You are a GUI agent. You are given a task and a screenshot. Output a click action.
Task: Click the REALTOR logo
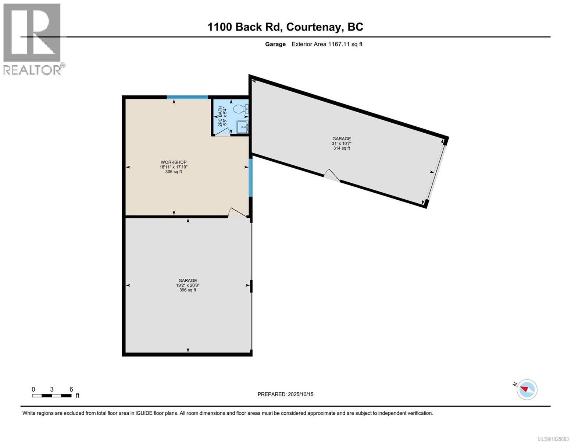click(x=32, y=39)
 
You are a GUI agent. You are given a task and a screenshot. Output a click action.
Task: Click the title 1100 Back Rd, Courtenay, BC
click(x=285, y=27)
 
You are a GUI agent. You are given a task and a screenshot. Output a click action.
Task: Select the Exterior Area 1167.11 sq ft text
click(x=327, y=44)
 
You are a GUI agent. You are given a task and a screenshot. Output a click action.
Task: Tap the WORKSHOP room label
click(x=174, y=162)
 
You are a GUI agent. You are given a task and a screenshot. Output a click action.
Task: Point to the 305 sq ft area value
click(x=174, y=172)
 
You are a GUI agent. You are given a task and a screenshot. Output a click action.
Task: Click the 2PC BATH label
click(x=220, y=116)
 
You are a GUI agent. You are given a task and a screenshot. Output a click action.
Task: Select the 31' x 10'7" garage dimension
click(x=341, y=144)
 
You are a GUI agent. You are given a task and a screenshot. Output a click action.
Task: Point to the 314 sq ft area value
click(x=341, y=148)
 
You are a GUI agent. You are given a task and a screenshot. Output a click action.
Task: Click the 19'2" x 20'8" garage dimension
click(x=188, y=285)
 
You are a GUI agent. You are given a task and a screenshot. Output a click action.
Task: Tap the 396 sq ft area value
click(x=188, y=290)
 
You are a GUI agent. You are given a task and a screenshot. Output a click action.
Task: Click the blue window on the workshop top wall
click(x=187, y=97)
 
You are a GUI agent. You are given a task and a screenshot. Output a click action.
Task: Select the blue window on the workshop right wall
click(x=250, y=178)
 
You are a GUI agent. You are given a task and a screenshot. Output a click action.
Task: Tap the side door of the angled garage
click(x=331, y=176)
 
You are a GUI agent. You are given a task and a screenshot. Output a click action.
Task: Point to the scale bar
click(x=52, y=396)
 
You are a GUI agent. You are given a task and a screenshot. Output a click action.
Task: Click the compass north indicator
click(x=527, y=389)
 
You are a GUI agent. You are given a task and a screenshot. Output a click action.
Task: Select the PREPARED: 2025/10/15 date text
click(x=285, y=394)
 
